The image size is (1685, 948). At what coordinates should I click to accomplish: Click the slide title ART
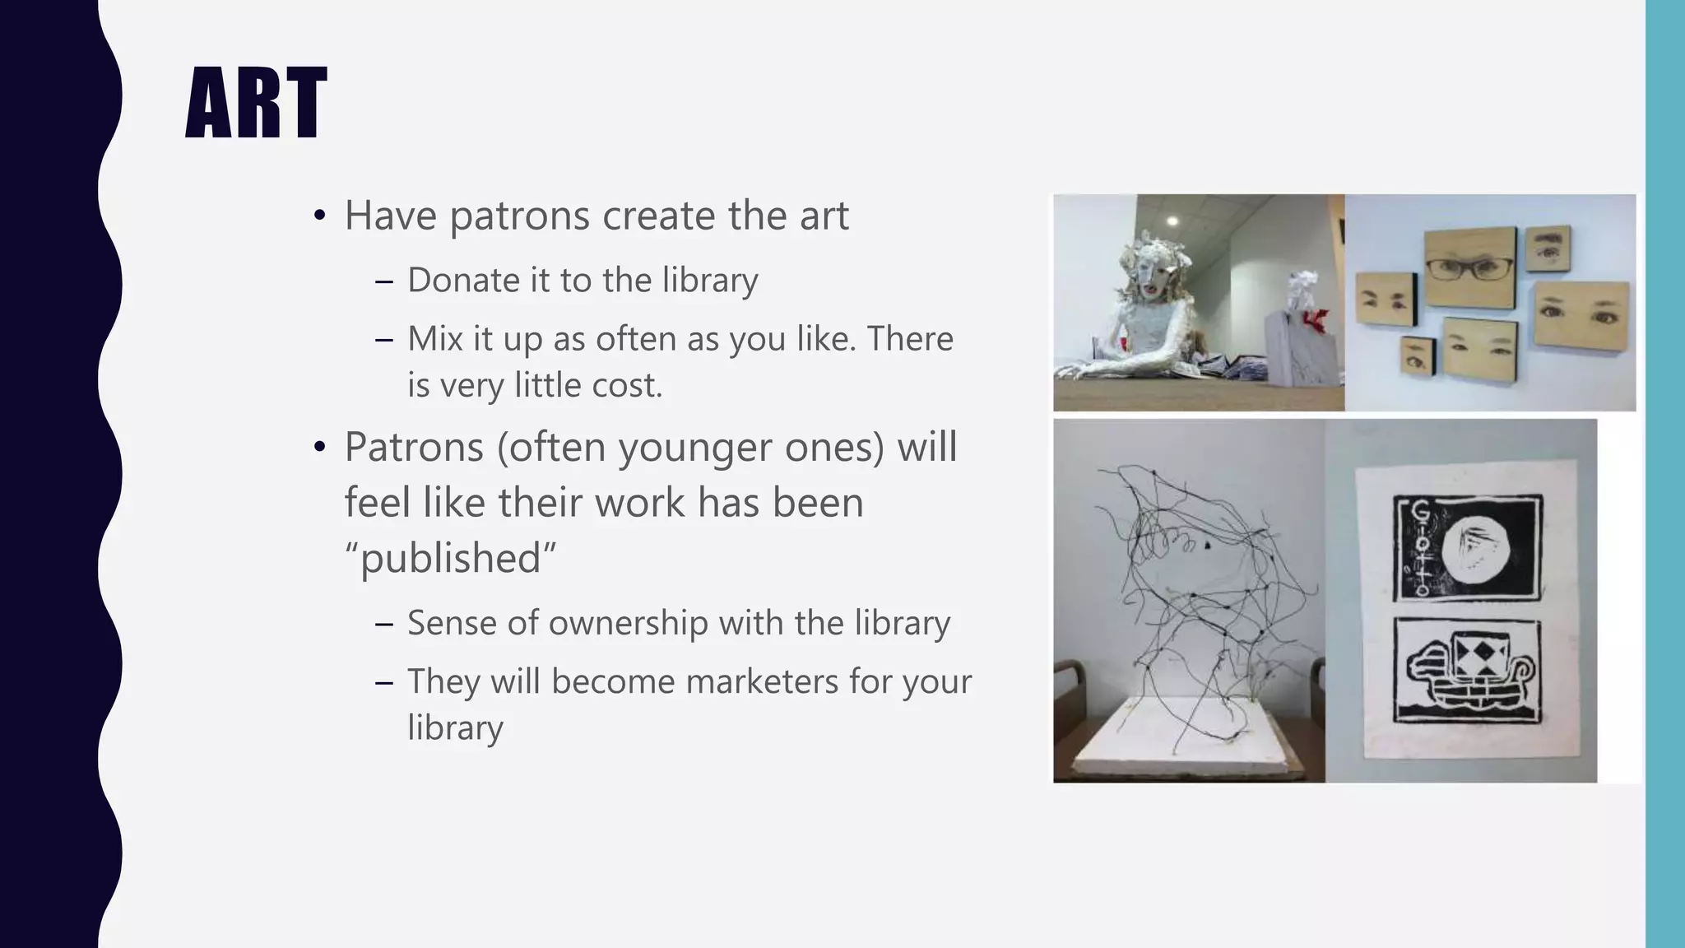click(256, 105)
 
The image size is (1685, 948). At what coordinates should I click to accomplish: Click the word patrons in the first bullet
click(519, 216)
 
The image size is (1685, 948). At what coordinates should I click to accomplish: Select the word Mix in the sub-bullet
click(434, 339)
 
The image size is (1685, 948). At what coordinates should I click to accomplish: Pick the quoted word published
click(450, 559)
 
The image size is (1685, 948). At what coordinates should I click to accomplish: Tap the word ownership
click(628, 624)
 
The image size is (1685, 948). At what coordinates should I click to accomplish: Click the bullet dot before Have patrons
click(320, 217)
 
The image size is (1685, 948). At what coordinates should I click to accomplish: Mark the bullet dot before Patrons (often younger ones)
click(320, 448)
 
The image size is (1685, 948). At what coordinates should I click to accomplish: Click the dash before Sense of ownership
click(383, 624)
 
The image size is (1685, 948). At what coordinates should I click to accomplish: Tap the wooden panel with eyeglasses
click(1469, 266)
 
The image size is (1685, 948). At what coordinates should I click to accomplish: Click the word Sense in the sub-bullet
click(452, 624)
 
